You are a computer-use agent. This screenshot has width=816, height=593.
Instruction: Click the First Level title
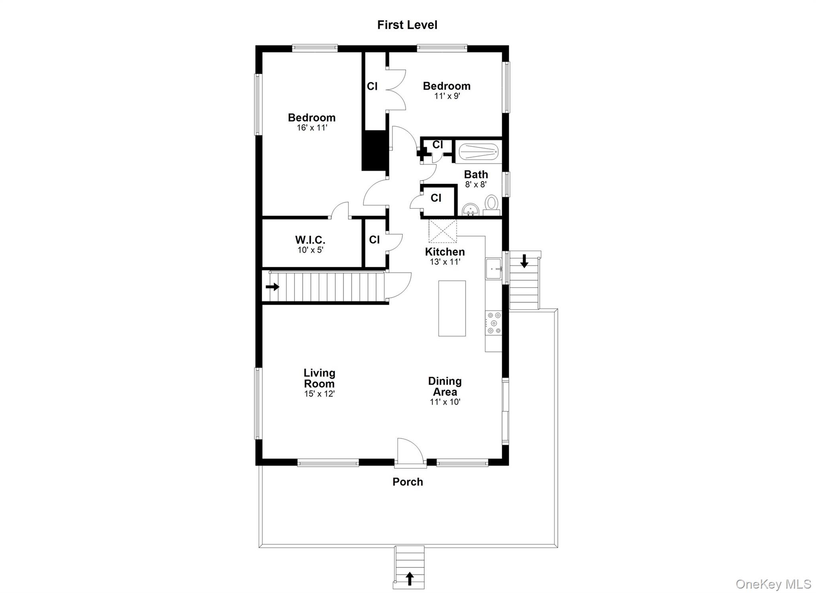(407, 25)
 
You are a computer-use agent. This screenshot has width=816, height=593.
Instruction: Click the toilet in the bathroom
(491, 204)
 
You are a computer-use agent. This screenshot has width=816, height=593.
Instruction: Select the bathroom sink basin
(471, 209)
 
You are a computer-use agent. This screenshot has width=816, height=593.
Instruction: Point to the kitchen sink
(493, 269)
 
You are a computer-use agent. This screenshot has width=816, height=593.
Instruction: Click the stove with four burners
(493, 323)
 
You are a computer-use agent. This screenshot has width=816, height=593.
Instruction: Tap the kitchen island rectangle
(452, 308)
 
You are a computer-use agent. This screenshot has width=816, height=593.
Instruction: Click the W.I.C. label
(310, 240)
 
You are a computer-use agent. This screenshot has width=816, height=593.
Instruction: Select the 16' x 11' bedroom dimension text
(312, 128)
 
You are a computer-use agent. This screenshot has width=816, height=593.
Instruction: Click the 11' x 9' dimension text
(447, 96)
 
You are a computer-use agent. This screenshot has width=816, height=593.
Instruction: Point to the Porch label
(407, 482)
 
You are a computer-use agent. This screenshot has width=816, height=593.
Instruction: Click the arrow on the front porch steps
(409, 579)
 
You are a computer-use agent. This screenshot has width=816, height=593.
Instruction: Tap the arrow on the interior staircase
(273, 287)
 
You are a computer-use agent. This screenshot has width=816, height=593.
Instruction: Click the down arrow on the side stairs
(524, 261)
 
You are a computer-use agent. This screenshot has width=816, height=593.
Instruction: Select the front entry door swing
(409, 450)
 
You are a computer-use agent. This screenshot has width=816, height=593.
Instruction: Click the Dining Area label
(445, 386)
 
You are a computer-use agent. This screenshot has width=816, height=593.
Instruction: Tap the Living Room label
(319, 378)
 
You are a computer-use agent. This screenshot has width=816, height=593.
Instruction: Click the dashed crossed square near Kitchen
(442, 231)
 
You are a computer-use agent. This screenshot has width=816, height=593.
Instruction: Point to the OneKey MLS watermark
(773, 584)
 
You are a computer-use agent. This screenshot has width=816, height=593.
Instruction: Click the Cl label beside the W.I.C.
(374, 239)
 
